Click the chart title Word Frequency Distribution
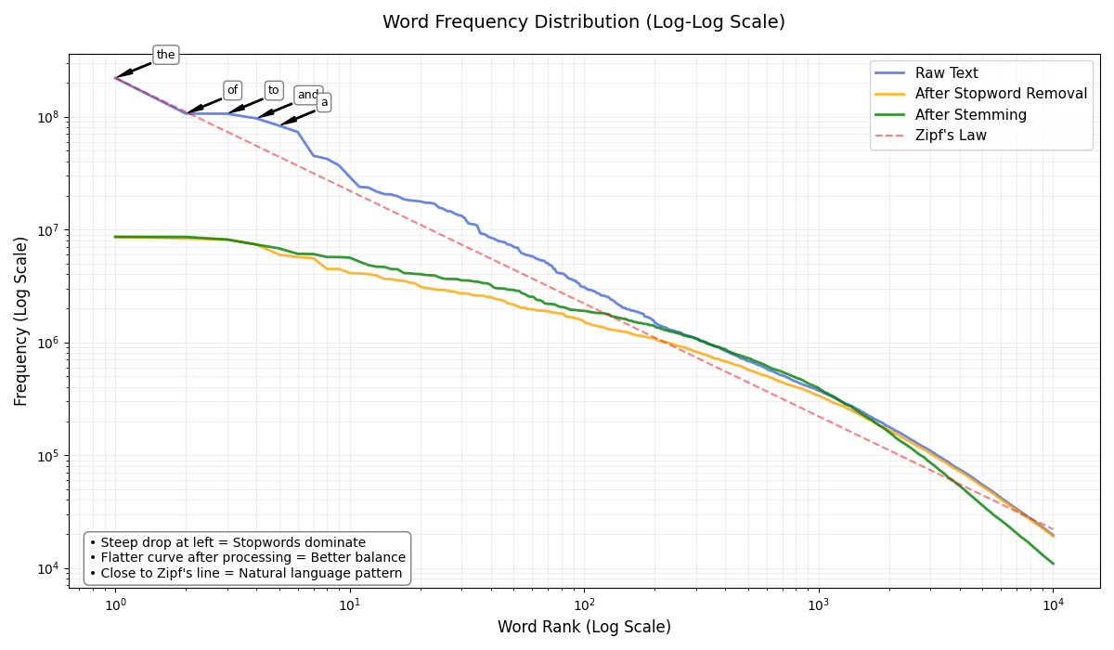tap(583, 22)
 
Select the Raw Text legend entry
tap(946, 73)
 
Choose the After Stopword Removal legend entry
tap(1001, 94)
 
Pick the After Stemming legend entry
tap(970, 115)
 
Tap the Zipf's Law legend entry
tap(951, 136)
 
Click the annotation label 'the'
tap(165, 55)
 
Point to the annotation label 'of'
tap(232, 90)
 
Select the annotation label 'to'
tap(273, 90)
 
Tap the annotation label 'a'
tap(324, 102)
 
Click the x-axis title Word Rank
tap(583, 628)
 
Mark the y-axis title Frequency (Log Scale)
tap(21, 320)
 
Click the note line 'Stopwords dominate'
tap(227, 542)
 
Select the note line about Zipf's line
tap(246, 573)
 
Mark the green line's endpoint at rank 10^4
tap(1053, 563)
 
